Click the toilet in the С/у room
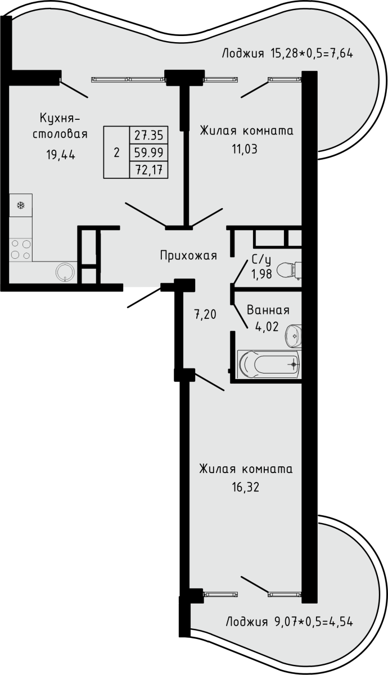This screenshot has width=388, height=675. coord(288,271)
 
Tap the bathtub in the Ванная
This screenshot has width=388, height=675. coord(269,364)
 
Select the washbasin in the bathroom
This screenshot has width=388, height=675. coord(293,336)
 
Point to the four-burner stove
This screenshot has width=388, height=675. coord(21,249)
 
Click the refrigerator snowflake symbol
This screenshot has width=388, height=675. coord(21,205)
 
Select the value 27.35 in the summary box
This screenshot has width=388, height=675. coord(149,136)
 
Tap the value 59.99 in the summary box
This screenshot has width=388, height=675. coord(149,152)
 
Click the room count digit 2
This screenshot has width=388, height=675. coord(116,153)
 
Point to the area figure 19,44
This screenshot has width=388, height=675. coord(61,155)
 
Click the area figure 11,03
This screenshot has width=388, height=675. coord(245,149)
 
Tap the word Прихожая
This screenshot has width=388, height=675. coord(188,256)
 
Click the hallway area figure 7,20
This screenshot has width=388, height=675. coord(205,315)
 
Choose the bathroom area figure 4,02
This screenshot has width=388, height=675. coord(267,326)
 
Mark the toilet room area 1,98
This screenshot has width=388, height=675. coord(262,274)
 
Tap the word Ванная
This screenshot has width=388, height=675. coord(268,310)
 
